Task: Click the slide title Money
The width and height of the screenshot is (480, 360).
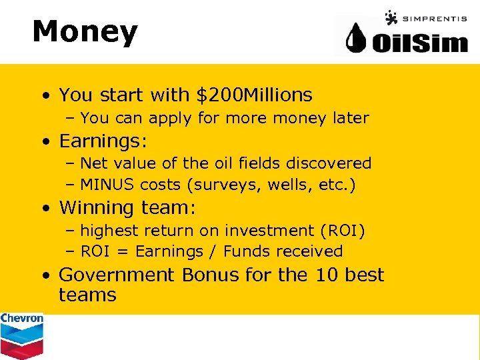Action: pyautogui.click(x=85, y=32)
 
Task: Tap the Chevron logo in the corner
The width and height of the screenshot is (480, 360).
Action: pyautogui.click(x=21, y=335)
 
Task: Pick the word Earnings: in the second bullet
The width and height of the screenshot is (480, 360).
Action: pyautogui.click(x=103, y=141)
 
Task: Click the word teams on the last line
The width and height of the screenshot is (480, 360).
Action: pyautogui.click(x=87, y=295)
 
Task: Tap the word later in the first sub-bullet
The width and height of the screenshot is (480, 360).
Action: pyautogui.click(x=351, y=118)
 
